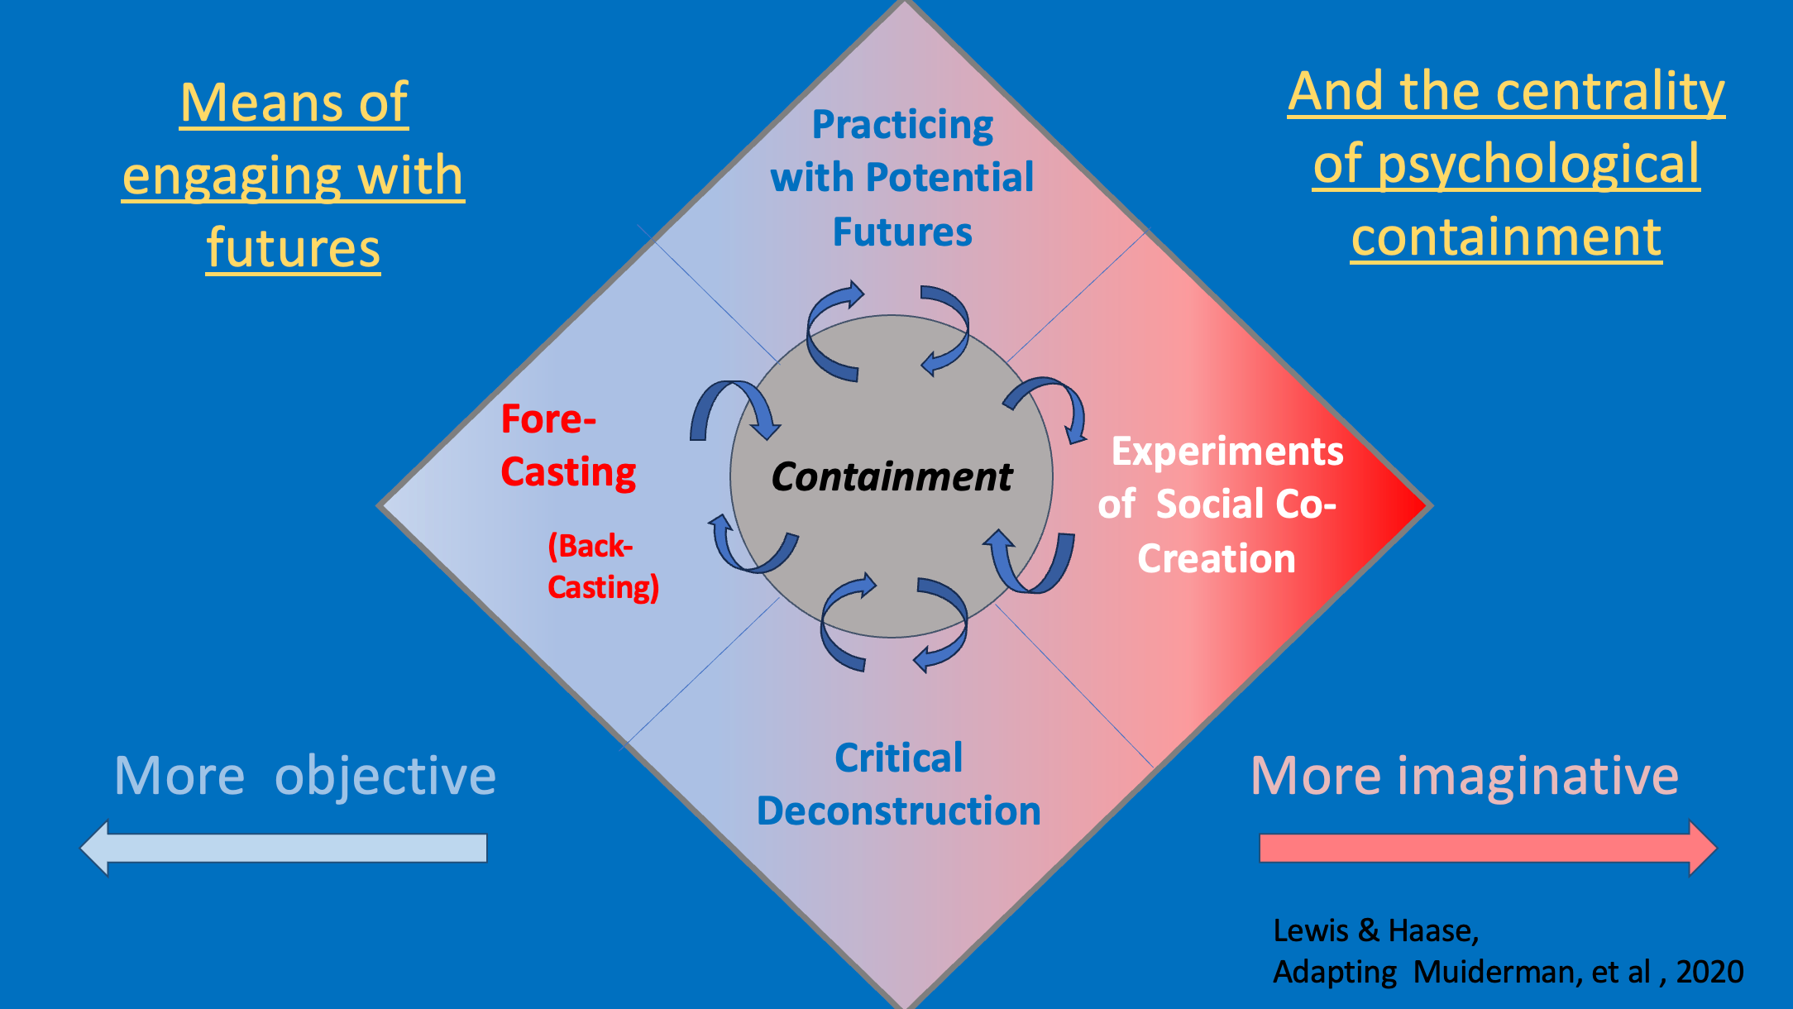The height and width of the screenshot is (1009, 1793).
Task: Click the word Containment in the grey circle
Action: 892,477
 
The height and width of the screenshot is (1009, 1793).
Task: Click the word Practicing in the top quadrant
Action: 902,126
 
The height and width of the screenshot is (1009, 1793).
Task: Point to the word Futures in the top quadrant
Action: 902,232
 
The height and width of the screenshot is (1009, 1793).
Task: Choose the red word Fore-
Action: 548,419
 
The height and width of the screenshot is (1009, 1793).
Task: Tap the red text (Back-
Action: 590,547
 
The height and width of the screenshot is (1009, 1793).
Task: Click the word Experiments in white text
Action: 1227,452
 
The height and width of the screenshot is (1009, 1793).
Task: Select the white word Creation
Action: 1216,559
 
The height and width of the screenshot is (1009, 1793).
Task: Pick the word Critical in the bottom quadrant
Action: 898,758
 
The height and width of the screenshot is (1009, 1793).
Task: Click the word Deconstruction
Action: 898,811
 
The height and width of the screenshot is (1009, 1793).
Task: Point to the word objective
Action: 385,777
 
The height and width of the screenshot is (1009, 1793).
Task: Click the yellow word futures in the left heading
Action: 293,248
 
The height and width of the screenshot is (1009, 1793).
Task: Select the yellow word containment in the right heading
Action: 1506,237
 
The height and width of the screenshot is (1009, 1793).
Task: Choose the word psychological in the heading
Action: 1538,165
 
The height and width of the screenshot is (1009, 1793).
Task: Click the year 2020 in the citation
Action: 1709,972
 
